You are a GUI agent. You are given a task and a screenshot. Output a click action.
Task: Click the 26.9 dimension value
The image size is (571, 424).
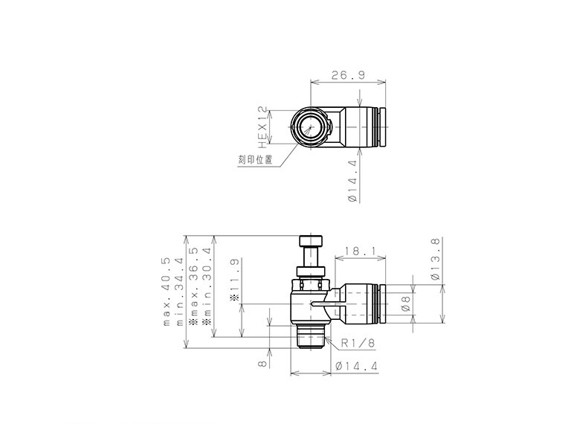click(x=348, y=75)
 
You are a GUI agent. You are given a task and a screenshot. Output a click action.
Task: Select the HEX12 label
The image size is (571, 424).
click(x=262, y=127)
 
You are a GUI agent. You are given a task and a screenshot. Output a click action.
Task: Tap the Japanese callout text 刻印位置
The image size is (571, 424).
click(x=255, y=159)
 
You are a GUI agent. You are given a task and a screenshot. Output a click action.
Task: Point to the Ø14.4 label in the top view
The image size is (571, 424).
click(x=352, y=181)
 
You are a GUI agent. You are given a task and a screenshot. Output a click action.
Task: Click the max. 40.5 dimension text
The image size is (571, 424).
click(x=166, y=292)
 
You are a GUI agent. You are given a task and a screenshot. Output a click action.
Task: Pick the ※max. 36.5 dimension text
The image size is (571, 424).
click(x=193, y=286)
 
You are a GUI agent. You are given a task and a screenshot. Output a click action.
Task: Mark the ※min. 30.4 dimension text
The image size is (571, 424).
click(x=207, y=286)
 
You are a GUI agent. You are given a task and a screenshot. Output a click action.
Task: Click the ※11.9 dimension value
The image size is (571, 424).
click(x=234, y=280)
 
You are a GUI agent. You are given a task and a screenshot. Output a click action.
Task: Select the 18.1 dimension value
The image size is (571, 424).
click(x=359, y=251)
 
